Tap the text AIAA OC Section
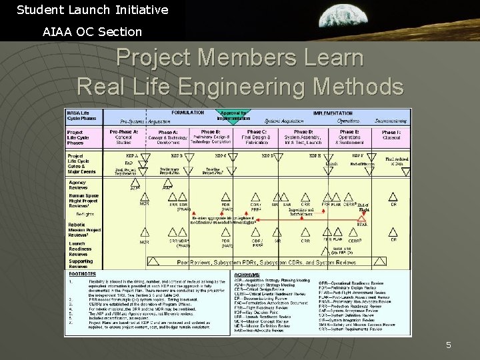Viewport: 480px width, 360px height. coord(92,31)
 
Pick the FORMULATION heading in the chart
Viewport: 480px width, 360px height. coord(188,113)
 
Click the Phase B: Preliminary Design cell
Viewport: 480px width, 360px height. coord(211,137)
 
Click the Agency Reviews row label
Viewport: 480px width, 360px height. coord(77,185)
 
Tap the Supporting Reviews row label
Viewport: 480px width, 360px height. coord(80,263)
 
